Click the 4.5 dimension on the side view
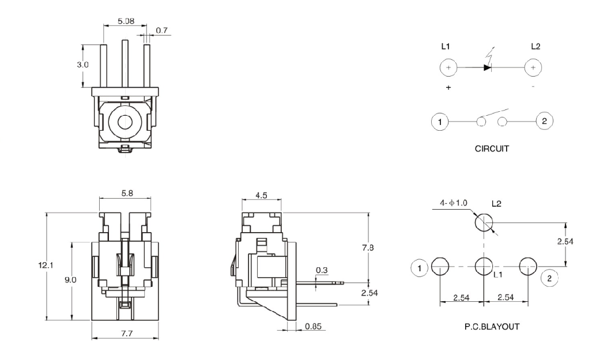coord(262,195)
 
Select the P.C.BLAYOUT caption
coord(492,326)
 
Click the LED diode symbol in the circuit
coord(487,67)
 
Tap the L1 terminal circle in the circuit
coord(448,68)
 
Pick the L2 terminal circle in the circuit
coord(533,68)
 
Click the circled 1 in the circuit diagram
coord(440,122)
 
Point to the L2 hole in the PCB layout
coord(484,222)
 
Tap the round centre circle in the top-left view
coord(125,122)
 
